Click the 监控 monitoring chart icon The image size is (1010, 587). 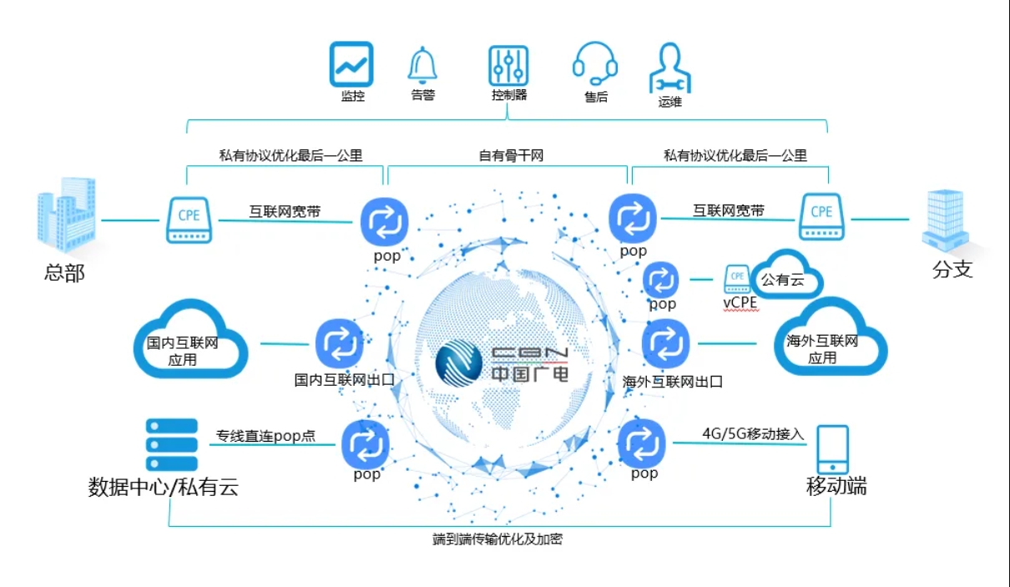[351, 64]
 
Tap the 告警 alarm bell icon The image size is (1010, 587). [422, 65]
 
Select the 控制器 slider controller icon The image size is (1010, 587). [508, 66]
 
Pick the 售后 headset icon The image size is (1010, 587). [594, 63]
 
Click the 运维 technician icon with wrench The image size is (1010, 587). [670, 68]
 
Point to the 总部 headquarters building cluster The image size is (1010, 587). [67, 215]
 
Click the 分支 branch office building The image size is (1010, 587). [945, 220]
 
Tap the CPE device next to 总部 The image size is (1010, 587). [189, 220]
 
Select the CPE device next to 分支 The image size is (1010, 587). [821, 217]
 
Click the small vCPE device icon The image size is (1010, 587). [737, 279]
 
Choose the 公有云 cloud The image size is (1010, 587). [787, 274]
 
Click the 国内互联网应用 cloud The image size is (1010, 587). [190, 339]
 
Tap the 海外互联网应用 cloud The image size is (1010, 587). [831, 337]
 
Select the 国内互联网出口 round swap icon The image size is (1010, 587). [340, 344]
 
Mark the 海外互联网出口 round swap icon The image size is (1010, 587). [665, 343]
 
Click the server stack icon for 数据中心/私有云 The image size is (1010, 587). [172, 444]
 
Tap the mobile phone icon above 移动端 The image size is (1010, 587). [833, 450]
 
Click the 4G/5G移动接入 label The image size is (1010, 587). [753, 433]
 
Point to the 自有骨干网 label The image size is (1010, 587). [511, 155]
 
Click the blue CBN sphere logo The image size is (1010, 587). [459, 363]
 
